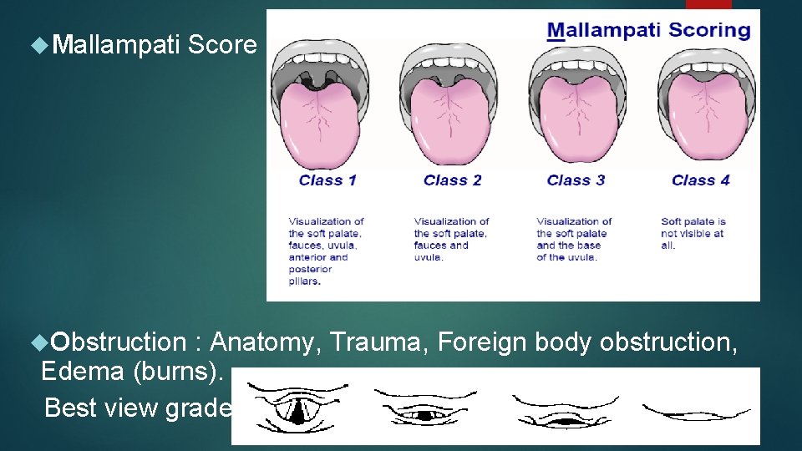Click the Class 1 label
pos(327,180)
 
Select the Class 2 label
pos(452,180)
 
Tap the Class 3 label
pos(576,180)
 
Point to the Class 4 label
pos(700,180)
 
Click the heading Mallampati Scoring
pos(648,31)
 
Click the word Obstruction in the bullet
pos(118,342)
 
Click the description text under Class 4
pos(693,234)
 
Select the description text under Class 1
pos(326,251)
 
